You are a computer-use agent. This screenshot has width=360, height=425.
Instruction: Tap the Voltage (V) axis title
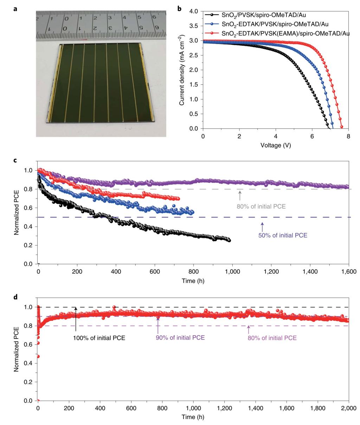[x=275, y=145]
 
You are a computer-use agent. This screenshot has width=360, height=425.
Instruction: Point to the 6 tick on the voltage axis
[x=312, y=136]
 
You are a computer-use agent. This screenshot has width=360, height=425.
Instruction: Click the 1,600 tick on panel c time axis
[x=348, y=272]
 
